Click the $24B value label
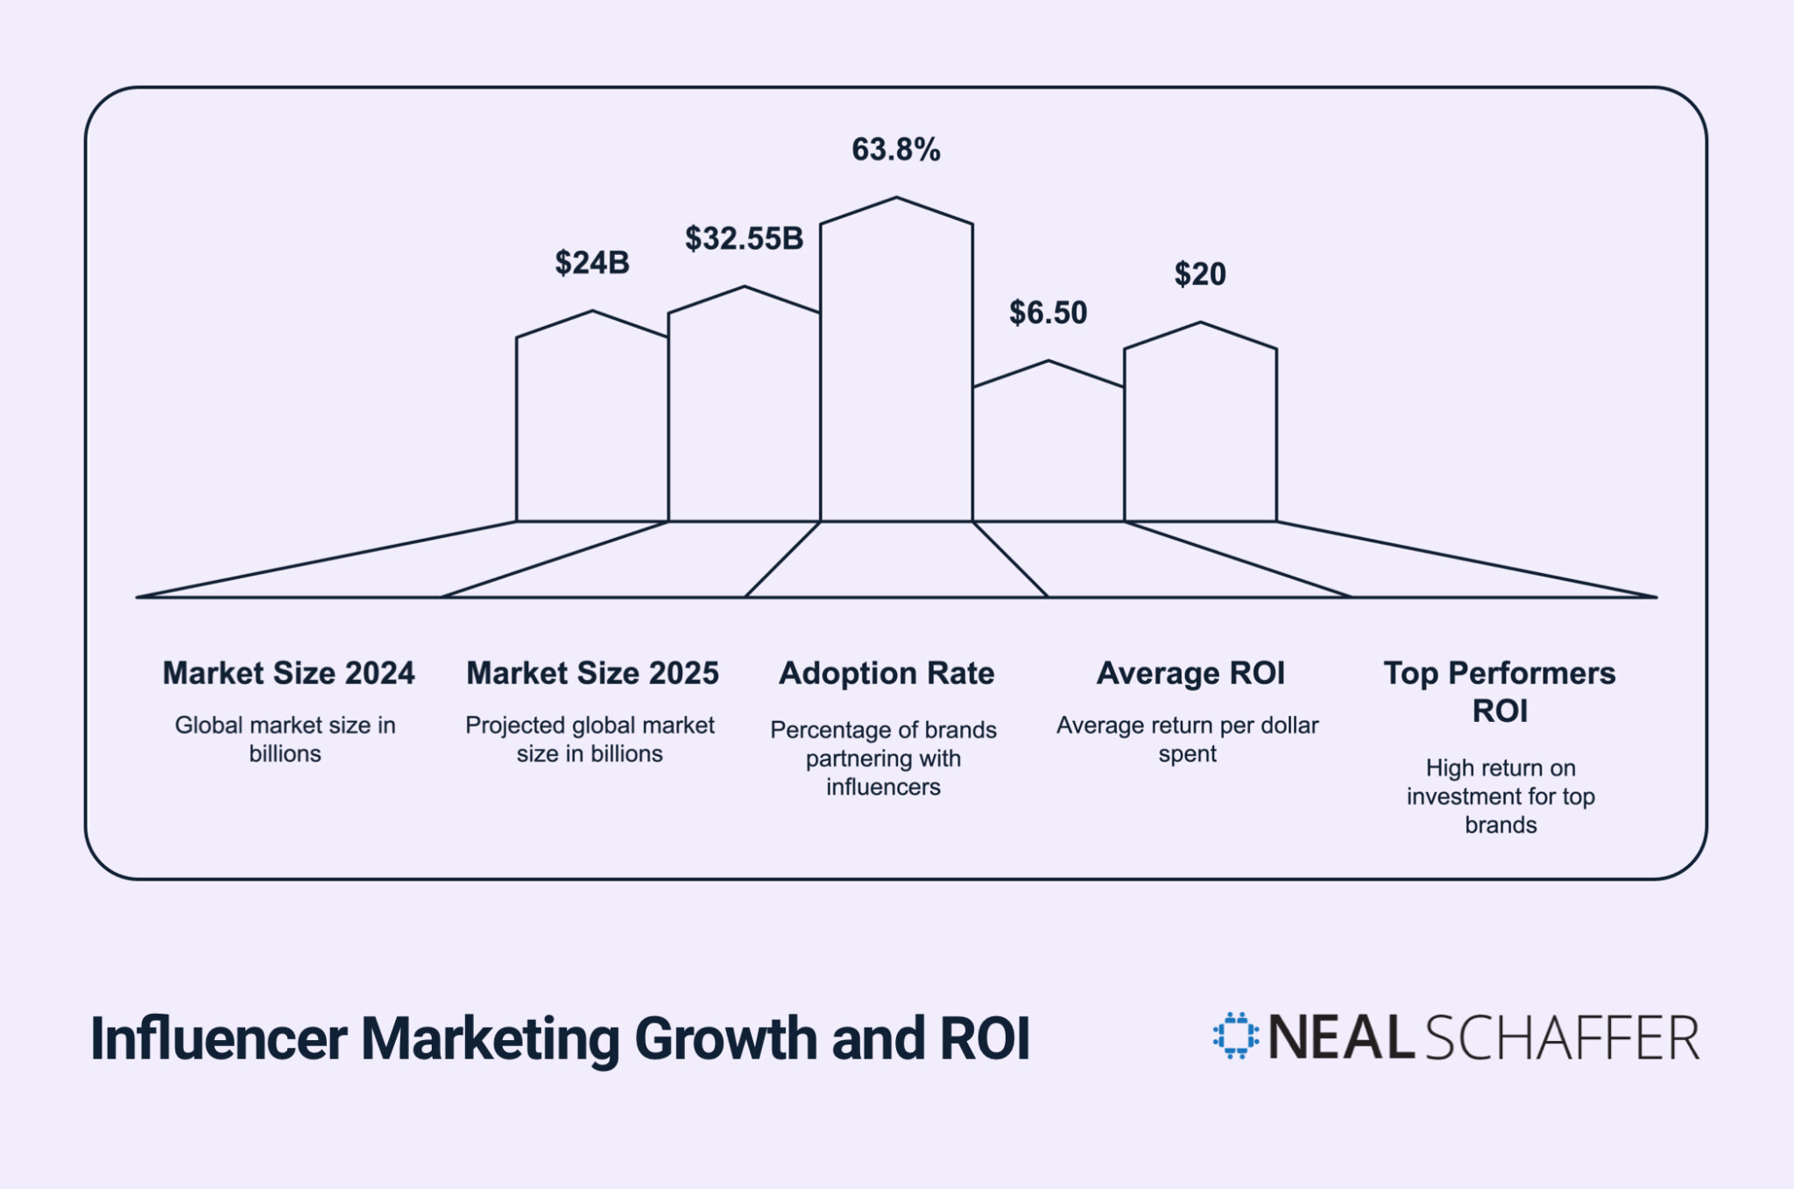pyautogui.click(x=592, y=263)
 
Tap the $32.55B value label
pyautogui.click(x=744, y=238)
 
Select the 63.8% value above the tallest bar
pyautogui.click(x=895, y=150)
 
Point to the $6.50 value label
pyautogui.click(x=1048, y=313)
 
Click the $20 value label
pyautogui.click(x=1199, y=274)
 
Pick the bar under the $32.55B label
pyautogui.click(x=744, y=412)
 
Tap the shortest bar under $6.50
pyautogui.click(x=1049, y=451)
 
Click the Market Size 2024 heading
pyautogui.click(x=288, y=673)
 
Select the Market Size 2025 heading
pyautogui.click(x=592, y=673)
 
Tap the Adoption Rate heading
pyautogui.click(x=886, y=673)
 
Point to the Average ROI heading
pyautogui.click(x=1190, y=673)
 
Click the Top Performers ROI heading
pyautogui.click(x=1500, y=691)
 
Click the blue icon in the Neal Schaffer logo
pyautogui.click(x=1235, y=1036)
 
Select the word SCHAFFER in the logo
pyautogui.click(x=1562, y=1038)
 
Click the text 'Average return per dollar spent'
pyautogui.click(x=1187, y=740)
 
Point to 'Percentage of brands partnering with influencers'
pyautogui.click(x=883, y=758)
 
